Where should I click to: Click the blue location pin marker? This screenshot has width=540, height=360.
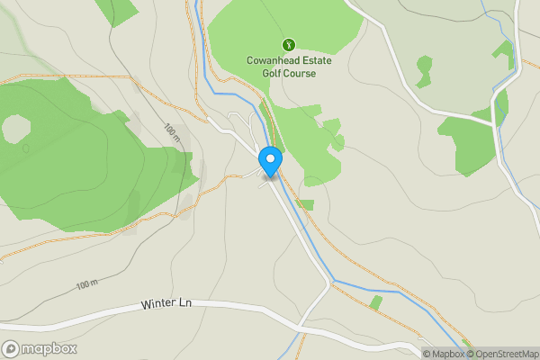pos(270,160)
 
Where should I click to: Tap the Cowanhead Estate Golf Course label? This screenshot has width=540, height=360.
pos(282,67)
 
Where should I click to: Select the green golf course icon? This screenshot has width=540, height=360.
pos(288,43)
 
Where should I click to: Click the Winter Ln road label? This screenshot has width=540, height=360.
pos(166,305)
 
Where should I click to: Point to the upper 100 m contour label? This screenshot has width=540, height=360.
pos(172,131)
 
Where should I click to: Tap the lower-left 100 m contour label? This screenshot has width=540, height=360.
pos(86,285)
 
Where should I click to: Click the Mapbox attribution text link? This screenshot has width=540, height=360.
pos(447,354)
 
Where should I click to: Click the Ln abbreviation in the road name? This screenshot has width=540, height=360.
pos(184,304)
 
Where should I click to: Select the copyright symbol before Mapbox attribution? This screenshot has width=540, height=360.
pos(427,354)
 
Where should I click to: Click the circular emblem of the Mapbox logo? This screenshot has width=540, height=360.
pos(11,349)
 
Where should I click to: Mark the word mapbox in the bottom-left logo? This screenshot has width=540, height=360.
pos(49,349)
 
